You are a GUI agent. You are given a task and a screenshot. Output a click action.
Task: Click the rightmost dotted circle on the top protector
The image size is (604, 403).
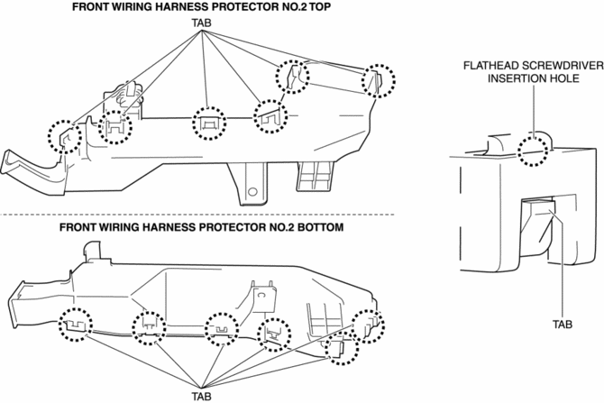(x=379, y=80)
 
